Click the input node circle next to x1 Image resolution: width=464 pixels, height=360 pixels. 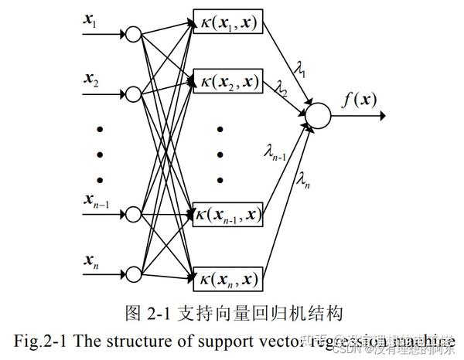click(133, 34)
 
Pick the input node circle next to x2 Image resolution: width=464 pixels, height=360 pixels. click(133, 93)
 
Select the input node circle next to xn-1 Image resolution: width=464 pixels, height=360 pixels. click(133, 214)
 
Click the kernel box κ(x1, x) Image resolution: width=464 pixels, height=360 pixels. click(227, 25)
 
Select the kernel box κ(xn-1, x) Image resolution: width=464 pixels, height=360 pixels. click(227, 214)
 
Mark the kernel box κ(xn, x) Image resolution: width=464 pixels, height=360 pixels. click(227, 274)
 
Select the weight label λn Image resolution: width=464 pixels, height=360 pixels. click(304, 180)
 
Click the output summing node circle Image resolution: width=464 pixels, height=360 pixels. click(318, 115)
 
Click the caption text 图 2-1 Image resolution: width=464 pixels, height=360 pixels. click(143, 313)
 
